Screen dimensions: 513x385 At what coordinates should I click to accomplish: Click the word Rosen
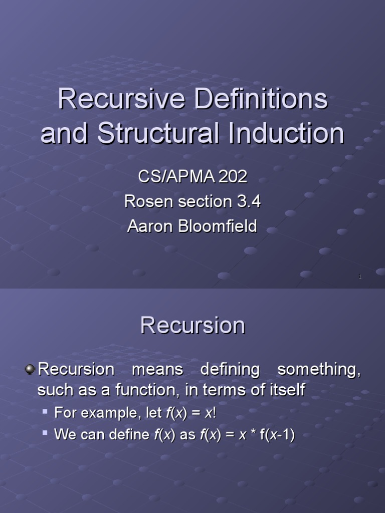click(x=146, y=201)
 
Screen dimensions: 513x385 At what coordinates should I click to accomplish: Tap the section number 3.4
click(x=249, y=201)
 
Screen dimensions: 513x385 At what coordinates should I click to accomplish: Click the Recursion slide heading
click(x=192, y=326)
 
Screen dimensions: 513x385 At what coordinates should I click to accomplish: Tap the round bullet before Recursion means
click(x=30, y=369)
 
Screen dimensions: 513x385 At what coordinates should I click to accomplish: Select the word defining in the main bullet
click(x=230, y=370)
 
